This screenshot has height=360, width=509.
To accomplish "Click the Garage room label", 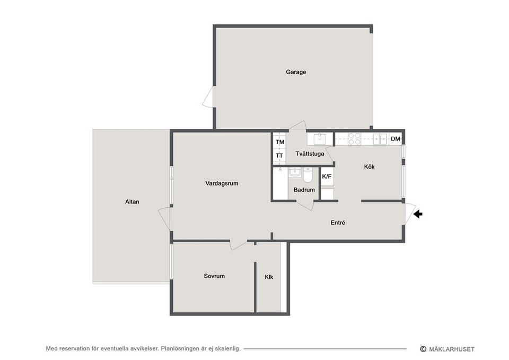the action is tap(296, 72).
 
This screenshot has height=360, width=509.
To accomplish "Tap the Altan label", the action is tap(132, 201).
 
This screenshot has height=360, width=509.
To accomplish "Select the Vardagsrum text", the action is tap(222, 183).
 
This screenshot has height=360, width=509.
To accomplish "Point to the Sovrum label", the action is tap(214, 276).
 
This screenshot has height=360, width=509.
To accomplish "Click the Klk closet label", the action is tap(269, 277).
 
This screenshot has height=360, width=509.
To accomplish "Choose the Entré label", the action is tap(338, 223).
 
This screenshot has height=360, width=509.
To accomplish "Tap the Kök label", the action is tap(369, 166).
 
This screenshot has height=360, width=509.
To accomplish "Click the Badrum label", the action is tap(304, 190).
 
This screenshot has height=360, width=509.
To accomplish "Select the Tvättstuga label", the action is tap(310, 154).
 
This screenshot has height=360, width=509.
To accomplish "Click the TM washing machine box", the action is tap(280, 142).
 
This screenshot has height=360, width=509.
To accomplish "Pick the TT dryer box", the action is tap(279, 156).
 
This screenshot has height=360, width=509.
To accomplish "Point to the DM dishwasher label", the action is tap(396, 139).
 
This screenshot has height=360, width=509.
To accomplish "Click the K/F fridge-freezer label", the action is tap(327, 177).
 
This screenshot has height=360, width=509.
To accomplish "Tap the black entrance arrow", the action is tap(418, 214).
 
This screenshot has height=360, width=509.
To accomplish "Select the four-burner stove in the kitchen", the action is tap(354, 138).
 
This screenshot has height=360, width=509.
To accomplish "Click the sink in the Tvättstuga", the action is tap(320, 138).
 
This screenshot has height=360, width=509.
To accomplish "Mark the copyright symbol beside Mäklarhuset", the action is tap(423, 349).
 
